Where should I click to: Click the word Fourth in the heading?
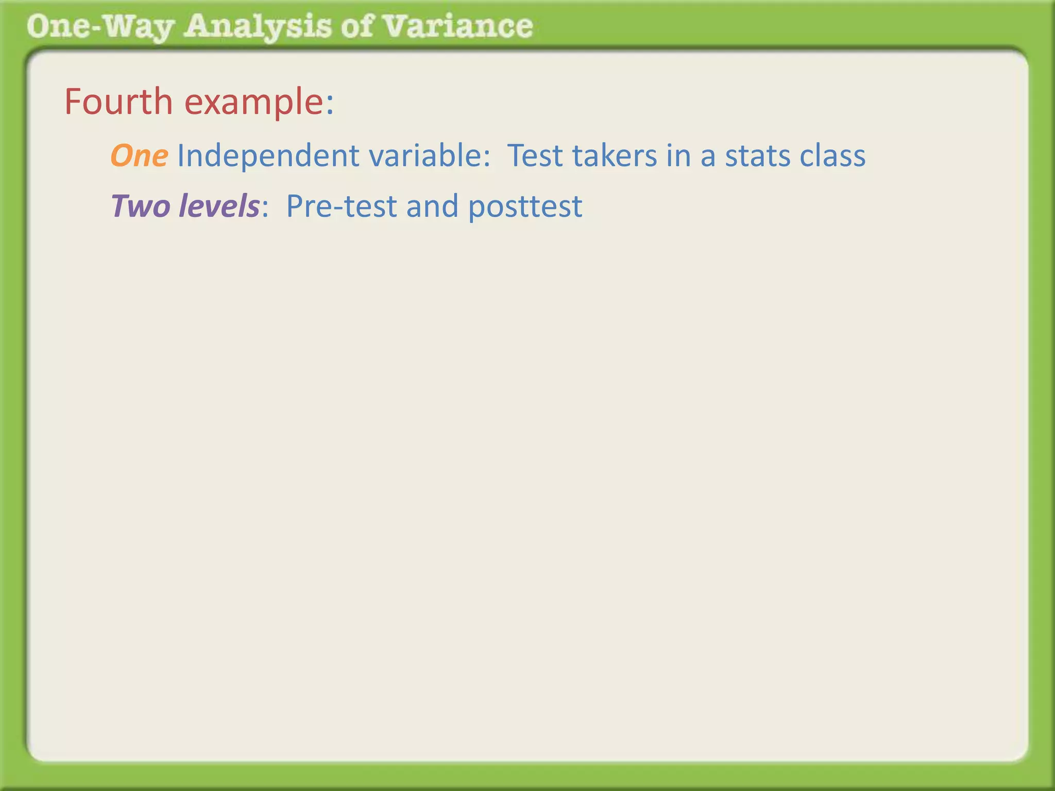[118, 101]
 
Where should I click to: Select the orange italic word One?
[139, 156]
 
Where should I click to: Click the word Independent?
[268, 156]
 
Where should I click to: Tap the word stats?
[758, 156]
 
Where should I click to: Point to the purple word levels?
[218, 206]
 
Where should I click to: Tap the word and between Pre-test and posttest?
[432, 206]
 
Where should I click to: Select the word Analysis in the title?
[258, 27]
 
